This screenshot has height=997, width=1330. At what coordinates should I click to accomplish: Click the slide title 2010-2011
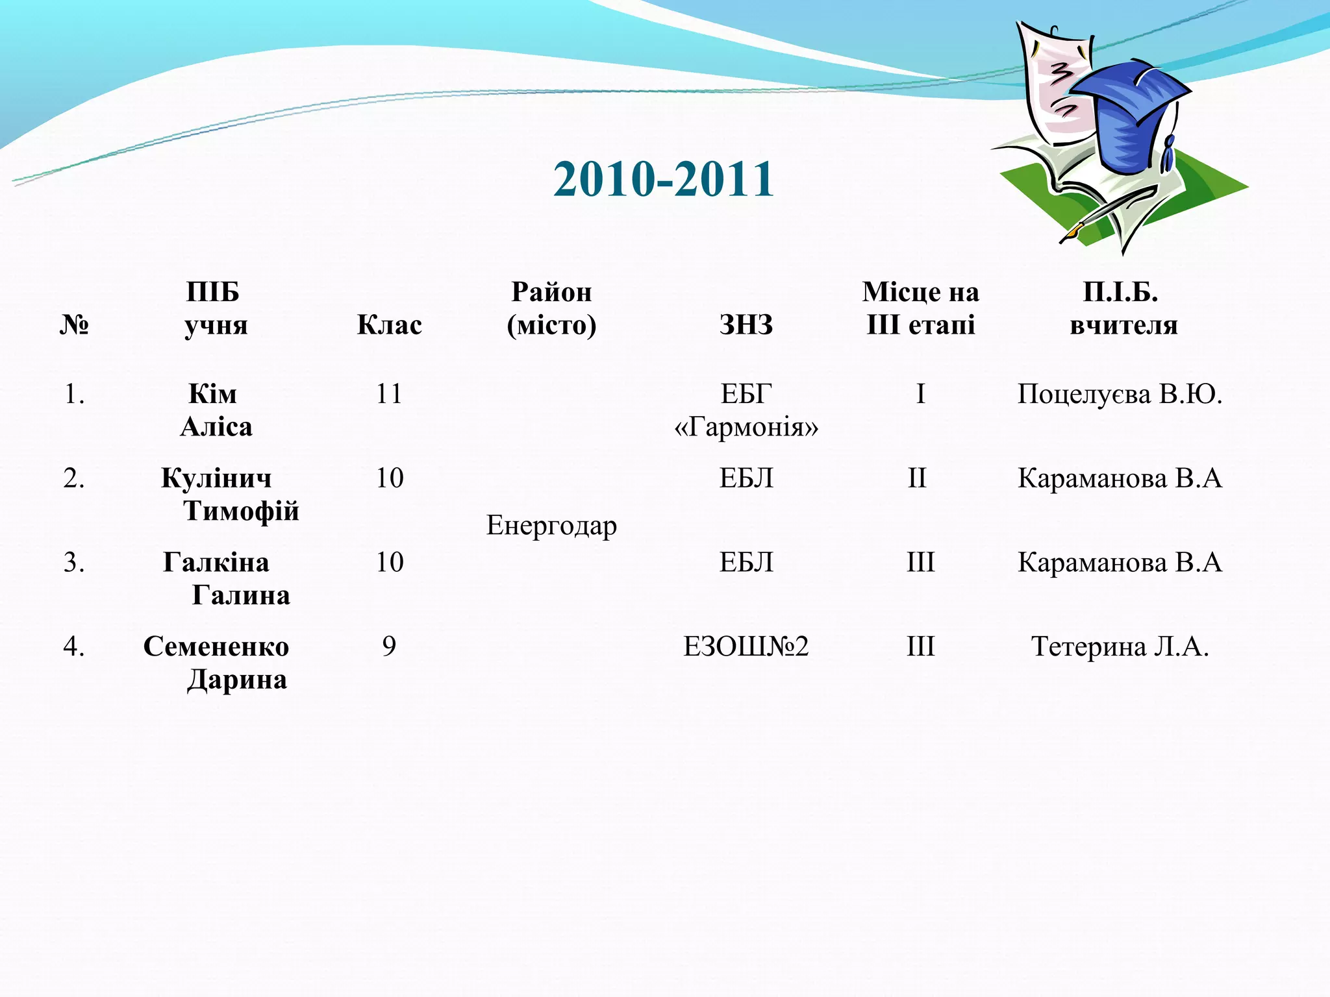click(664, 179)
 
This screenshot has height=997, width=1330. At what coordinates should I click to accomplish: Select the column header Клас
click(390, 325)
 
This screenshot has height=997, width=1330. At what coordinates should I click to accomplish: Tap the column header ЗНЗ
click(746, 325)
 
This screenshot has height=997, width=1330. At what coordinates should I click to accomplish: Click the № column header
click(74, 325)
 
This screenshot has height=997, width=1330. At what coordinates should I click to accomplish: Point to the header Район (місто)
click(551, 308)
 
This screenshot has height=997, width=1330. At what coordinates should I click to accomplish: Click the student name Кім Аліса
click(215, 410)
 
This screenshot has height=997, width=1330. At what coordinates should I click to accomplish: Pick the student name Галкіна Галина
click(224, 578)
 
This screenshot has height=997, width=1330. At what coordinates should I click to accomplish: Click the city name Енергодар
click(551, 525)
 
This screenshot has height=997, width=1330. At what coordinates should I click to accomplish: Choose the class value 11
click(390, 394)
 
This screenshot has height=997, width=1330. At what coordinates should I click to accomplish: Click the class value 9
click(389, 646)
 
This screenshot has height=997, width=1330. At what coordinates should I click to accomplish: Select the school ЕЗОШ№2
click(746, 646)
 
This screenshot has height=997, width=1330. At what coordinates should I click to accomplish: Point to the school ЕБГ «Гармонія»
click(746, 410)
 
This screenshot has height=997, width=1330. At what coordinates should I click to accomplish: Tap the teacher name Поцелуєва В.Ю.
click(1120, 394)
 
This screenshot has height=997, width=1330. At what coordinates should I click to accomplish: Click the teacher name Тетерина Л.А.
click(1120, 646)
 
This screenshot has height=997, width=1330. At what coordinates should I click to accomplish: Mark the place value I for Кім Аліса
click(920, 394)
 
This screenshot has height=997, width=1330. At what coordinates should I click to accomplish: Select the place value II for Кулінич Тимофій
click(917, 478)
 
